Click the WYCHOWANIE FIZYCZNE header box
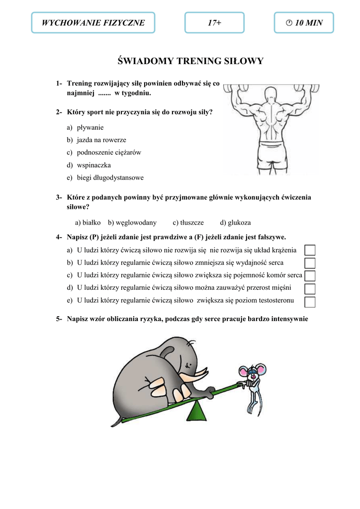[x=93, y=23]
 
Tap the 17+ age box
[x=214, y=23]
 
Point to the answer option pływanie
[x=90, y=127]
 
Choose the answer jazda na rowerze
[x=101, y=140]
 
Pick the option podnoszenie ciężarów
[x=108, y=153]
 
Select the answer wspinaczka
[x=93, y=165]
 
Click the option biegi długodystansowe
[x=110, y=177]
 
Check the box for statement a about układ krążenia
[x=310, y=250]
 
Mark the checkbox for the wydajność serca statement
[x=310, y=263]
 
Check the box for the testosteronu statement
[x=310, y=301]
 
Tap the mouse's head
[x=253, y=373]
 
